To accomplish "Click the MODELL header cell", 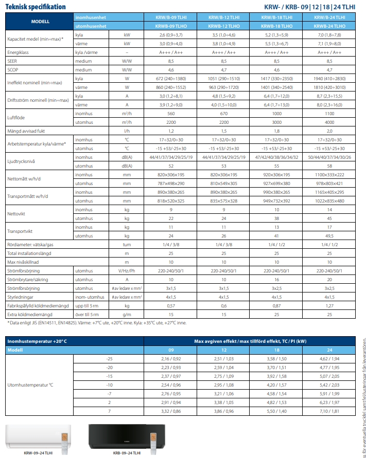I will pyautogui.click(x=40, y=21).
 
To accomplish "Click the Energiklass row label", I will pyautogui.click(x=21, y=52).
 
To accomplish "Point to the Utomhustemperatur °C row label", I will pyautogui.click(x=29, y=385).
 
